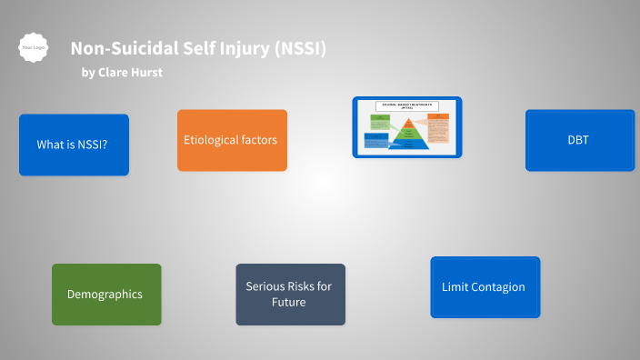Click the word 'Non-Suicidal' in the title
pyautogui.click(x=115, y=49)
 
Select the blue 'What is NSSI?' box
pyautogui.click(x=74, y=145)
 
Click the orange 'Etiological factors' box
pyautogui.click(x=232, y=140)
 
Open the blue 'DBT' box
pyautogui.click(x=579, y=140)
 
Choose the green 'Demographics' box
pyautogui.click(x=105, y=295)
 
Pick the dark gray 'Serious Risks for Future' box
pyautogui.click(x=290, y=295)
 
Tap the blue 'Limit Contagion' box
pyautogui.click(x=485, y=287)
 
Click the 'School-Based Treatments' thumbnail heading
pyautogui.click(x=407, y=105)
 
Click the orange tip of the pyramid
pyautogui.click(x=408, y=124)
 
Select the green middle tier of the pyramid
pyautogui.click(x=408, y=134)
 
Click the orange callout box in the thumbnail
pyautogui.click(x=438, y=127)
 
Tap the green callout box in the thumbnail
pyautogui.click(x=380, y=122)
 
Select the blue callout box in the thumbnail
pyautogui.click(x=375, y=141)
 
